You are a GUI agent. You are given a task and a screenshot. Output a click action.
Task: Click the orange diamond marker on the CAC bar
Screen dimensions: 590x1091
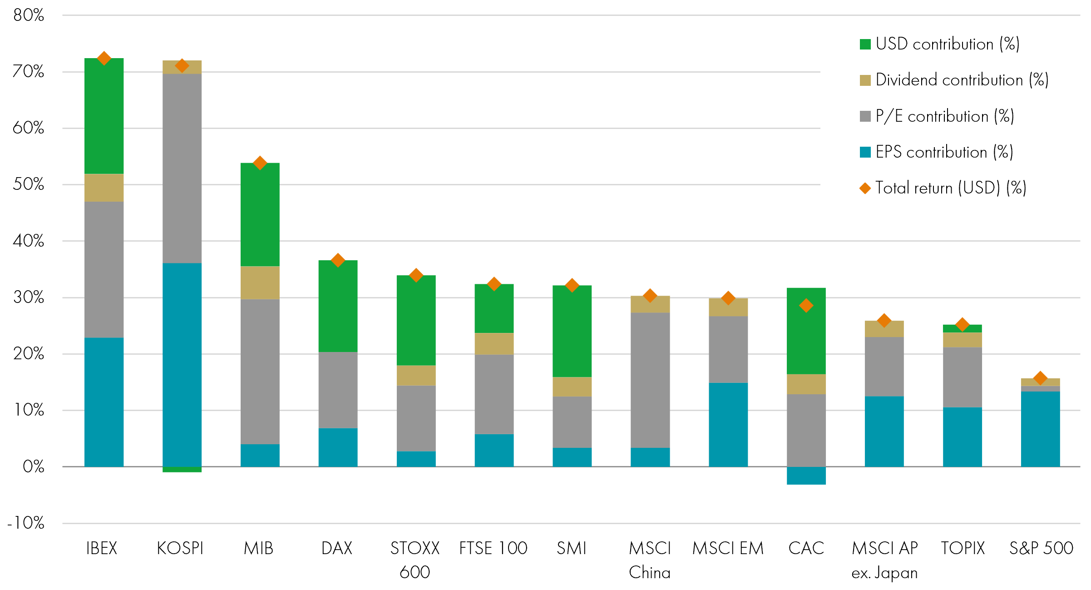pos(806,306)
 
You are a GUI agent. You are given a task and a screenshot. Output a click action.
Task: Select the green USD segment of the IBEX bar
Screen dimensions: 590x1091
pos(104,116)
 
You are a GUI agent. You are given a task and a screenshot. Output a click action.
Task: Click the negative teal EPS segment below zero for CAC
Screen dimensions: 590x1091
pos(806,476)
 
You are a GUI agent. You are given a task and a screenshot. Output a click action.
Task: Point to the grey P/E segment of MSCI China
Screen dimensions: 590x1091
pos(650,380)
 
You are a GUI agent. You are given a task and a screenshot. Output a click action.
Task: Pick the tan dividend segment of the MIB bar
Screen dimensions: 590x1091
pos(260,283)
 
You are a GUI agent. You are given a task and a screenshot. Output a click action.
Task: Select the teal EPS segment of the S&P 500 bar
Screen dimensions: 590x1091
pos(1040,429)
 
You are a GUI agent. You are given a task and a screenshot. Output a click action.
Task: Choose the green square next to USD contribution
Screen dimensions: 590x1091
pos(865,45)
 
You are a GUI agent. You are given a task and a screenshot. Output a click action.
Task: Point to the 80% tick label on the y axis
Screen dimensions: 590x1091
pos(29,15)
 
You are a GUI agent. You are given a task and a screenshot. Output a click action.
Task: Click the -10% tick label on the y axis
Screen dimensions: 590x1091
pos(26,523)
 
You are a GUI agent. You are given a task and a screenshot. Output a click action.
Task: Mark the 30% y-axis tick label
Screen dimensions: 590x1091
pos(29,297)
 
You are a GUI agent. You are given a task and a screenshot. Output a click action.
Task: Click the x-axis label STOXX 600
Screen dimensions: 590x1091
pos(415,560)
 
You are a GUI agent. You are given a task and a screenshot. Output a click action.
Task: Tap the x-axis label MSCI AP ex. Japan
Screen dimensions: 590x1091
pos(884,560)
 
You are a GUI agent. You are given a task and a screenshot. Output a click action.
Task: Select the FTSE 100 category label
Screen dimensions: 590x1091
pos(493,548)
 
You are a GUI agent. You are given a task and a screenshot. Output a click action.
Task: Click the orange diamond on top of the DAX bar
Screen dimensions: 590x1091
pos(338,260)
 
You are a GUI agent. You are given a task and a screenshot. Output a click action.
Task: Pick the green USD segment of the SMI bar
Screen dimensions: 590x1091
pos(572,332)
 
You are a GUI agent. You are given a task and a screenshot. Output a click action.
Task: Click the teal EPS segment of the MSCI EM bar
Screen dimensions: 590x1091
pos(728,424)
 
